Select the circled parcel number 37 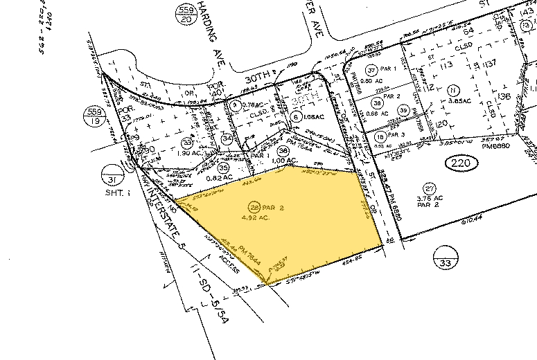point(371,70)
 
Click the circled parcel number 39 point(403,111)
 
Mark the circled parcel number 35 point(222,168)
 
